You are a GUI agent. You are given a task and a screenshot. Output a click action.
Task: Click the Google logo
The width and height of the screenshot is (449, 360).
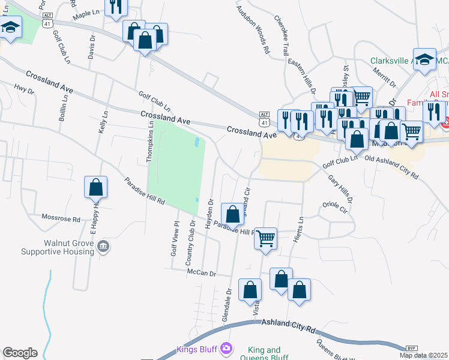pyautogui.click(x=20, y=353)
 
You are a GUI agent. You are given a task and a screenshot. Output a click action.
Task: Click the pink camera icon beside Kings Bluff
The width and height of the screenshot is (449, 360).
pyautogui.click(x=226, y=347)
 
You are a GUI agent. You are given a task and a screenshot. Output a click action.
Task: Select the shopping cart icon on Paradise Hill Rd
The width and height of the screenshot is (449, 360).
pyautogui.click(x=265, y=238)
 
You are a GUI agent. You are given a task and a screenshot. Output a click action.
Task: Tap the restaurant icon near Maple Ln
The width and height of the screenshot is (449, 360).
pyautogui.click(x=115, y=7)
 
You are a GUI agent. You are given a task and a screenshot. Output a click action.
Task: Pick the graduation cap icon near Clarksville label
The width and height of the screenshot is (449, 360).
pyautogui.click(x=424, y=59)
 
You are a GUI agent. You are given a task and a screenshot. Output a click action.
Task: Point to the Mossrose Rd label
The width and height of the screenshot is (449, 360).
pyautogui.click(x=61, y=219)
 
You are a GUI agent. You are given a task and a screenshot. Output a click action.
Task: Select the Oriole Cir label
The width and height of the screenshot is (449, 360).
pyautogui.click(x=335, y=208)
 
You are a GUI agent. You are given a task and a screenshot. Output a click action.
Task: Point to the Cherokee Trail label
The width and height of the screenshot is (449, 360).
pyautogui.click(x=282, y=36)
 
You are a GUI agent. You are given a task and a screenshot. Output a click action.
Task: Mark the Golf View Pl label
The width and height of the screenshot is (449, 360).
pyautogui.click(x=175, y=239)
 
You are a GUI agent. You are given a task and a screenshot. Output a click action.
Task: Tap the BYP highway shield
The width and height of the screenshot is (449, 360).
pyautogui.click(x=411, y=348)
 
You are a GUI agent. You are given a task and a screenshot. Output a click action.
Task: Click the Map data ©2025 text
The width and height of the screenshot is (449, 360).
pyautogui.click(x=424, y=355)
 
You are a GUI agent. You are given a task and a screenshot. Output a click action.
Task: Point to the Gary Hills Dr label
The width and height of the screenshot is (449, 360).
pyautogui.click(x=340, y=189)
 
